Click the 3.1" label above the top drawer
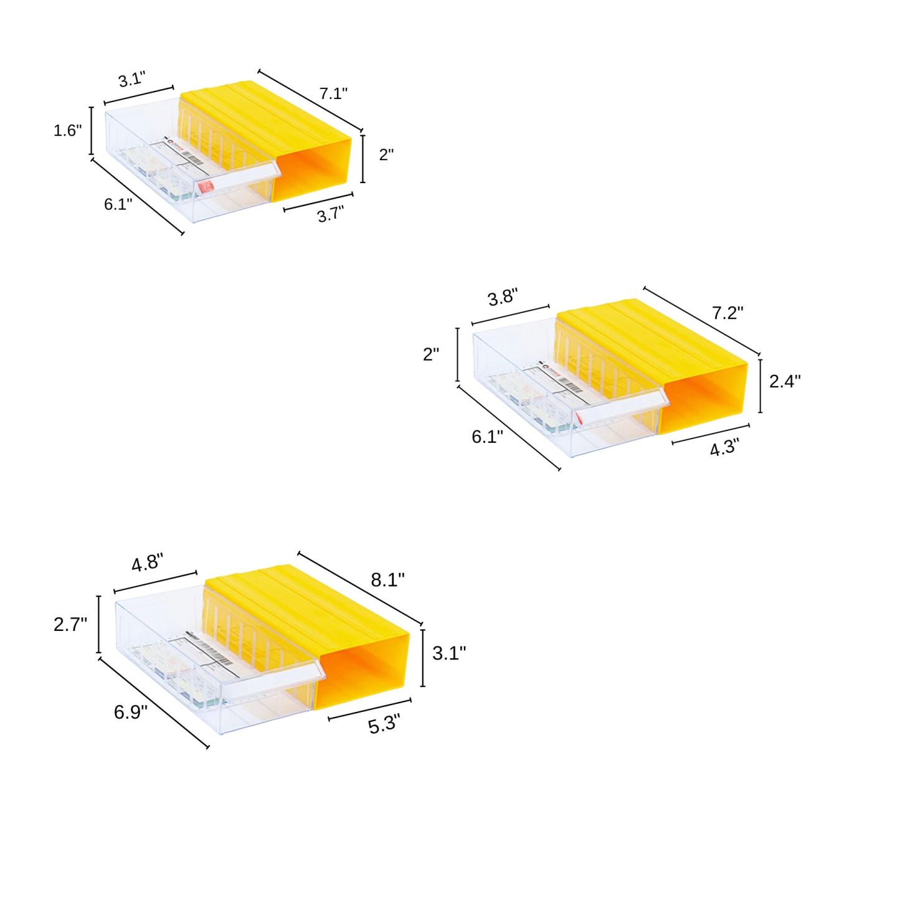pos(132,80)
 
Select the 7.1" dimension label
pos(333,93)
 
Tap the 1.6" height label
pos(67,130)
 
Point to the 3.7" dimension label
pos(330,215)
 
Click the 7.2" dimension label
pos(727,313)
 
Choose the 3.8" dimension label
pos(503,297)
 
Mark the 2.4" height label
pos(784,381)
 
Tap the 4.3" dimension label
pos(724,447)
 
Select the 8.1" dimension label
pos(387,580)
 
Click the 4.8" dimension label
pos(147,563)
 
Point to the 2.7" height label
pos(70,624)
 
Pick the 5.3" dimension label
pos(384,725)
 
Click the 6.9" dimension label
pos(130,712)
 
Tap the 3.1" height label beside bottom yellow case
pos(448,653)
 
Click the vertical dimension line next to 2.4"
pos(760,386)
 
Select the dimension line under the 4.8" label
pos(156,582)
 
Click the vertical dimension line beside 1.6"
pos(92,130)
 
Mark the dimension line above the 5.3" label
pos(369,709)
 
